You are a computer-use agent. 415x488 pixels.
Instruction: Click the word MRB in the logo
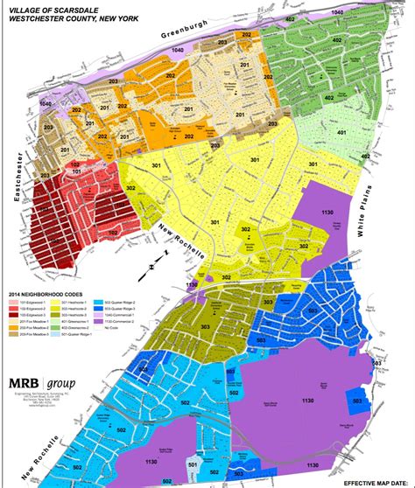click(32, 360)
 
